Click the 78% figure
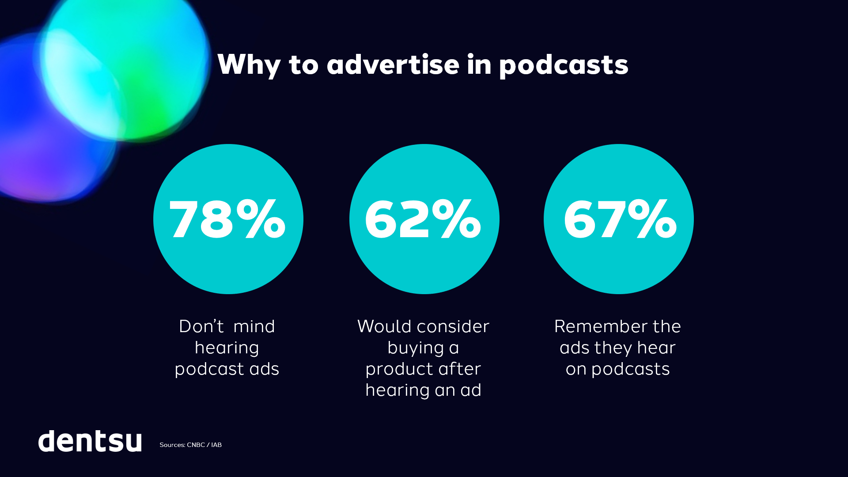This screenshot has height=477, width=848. [227, 219]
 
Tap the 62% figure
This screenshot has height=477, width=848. [423, 219]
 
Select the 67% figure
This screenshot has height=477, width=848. [620, 219]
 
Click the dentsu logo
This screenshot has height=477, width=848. [90, 441]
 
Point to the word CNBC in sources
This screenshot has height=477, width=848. [196, 445]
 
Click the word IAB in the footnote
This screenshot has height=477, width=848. [216, 445]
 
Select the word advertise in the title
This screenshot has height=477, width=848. [393, 64]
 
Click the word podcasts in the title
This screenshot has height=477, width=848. [564, 64]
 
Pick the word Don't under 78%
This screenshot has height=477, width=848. [201, 326]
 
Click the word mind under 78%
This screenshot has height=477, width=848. [254, 326]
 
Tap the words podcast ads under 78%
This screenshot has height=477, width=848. [227, 369]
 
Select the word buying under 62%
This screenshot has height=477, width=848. [416, 348]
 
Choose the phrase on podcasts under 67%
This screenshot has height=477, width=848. [617, 369]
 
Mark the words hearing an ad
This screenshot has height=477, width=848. [423, 390]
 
